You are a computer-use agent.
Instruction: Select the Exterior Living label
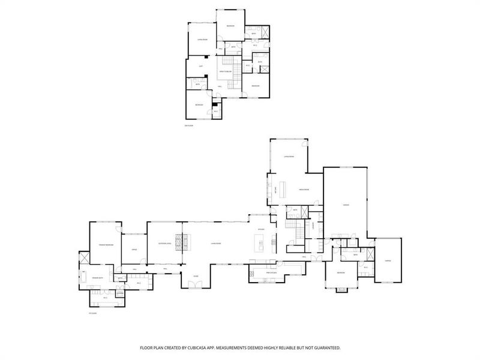click(x=165, y=243)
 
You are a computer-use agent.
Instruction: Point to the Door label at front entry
click(x=196, y=276)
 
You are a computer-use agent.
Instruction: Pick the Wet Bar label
click(x=275, y=190)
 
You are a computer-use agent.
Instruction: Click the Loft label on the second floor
click(x=200, y=66)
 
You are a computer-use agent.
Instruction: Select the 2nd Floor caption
click(x=189, y=125)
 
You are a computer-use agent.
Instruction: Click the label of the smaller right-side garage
click(x=388, y=261)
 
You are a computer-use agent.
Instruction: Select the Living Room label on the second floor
click(x=203, y=40)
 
